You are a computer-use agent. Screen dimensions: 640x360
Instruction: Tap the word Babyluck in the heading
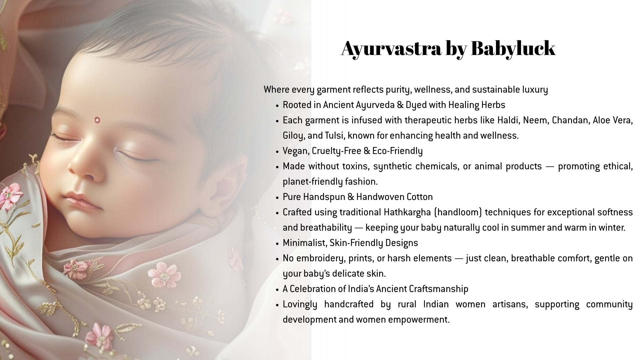[x=513, y=48]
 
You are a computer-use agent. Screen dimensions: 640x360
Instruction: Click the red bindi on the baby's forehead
[x=97, y=119]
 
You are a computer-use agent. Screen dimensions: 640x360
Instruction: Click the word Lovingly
[x=300, y=304]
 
